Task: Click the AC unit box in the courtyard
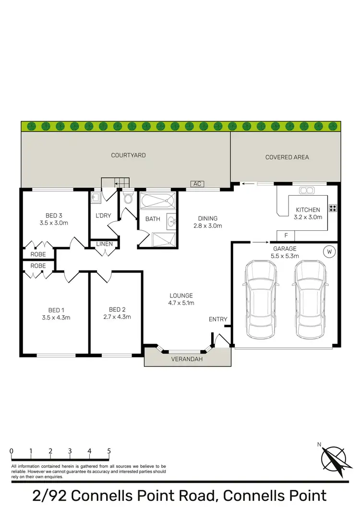point(197,184)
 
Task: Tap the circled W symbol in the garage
point(330,251)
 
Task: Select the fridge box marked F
point(286,236)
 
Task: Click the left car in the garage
point(260,298)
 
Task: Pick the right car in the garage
point(311,298)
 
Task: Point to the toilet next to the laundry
point(128,199)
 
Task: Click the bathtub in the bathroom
point(157,200)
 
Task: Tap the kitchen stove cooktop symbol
point(332,208)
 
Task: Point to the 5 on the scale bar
point(109,451)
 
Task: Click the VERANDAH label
point(188,359)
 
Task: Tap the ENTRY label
point(218,320)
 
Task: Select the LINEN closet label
point(104,244)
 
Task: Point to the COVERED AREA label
point(287,157)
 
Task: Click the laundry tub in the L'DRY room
point(95,197)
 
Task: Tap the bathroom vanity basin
point(171,221)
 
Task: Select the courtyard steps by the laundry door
point(116,182)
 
